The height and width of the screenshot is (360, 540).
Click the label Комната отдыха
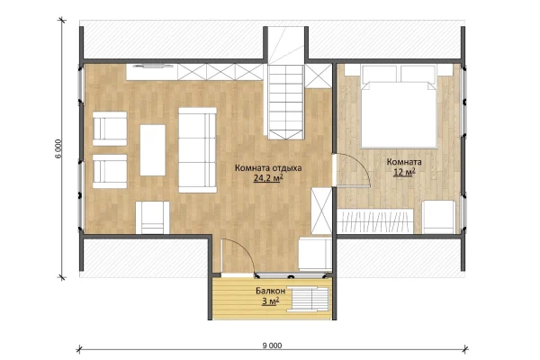point(268,168)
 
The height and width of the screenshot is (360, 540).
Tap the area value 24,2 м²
point(268,178)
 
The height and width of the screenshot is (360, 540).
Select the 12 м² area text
point(404,172)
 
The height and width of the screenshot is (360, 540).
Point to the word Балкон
point(270,291)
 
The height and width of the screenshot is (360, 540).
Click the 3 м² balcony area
point(270,301)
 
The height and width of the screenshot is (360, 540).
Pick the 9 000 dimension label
point(272,346)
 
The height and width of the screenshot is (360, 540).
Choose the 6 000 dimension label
point(58,148)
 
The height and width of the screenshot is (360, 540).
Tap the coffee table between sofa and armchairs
point(153,150)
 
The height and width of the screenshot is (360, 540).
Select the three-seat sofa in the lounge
point(198,150)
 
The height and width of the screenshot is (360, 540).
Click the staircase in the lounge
point(286,102)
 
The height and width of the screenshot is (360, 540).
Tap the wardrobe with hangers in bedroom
point(375,221)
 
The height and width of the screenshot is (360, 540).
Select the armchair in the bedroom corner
point(439,218)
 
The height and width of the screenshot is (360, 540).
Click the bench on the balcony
point(307,299)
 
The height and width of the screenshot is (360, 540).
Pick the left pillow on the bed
point(379,74)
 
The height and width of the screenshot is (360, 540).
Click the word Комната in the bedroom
point(404,162)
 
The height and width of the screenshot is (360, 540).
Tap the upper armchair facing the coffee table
point(110,129)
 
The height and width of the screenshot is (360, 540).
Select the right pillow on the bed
point(418,74)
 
